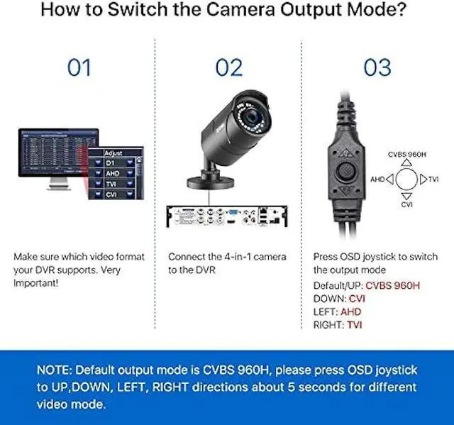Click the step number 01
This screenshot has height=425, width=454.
pyautogui.click(x=79, y=68)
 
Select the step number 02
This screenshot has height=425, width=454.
pyautogui.click(x=228, y=68)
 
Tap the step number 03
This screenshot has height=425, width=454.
pyautogui.click(x=377, y=68)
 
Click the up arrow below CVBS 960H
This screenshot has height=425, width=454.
pyautogui.click(x=406, y=162)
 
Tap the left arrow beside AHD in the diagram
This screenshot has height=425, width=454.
pyautogui.click(x=389, y=179)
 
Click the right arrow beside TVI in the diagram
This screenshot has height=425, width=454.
pyautogui.click(x=423, y=179)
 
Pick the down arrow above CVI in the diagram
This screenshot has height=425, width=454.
pyautogui.click(x=406, y=195)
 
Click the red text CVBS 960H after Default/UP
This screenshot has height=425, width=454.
pyautogui.click(x=393, y=285)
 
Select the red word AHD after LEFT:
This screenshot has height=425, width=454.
pyautogui.click(x=350, y=311)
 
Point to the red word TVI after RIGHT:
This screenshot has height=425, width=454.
pyautogui.click(x=355, y=325)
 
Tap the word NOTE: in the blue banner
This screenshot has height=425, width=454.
pyautogui.click(x=55, y=370)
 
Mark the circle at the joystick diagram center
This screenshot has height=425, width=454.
pyautogui.click(x=406, y=179)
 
